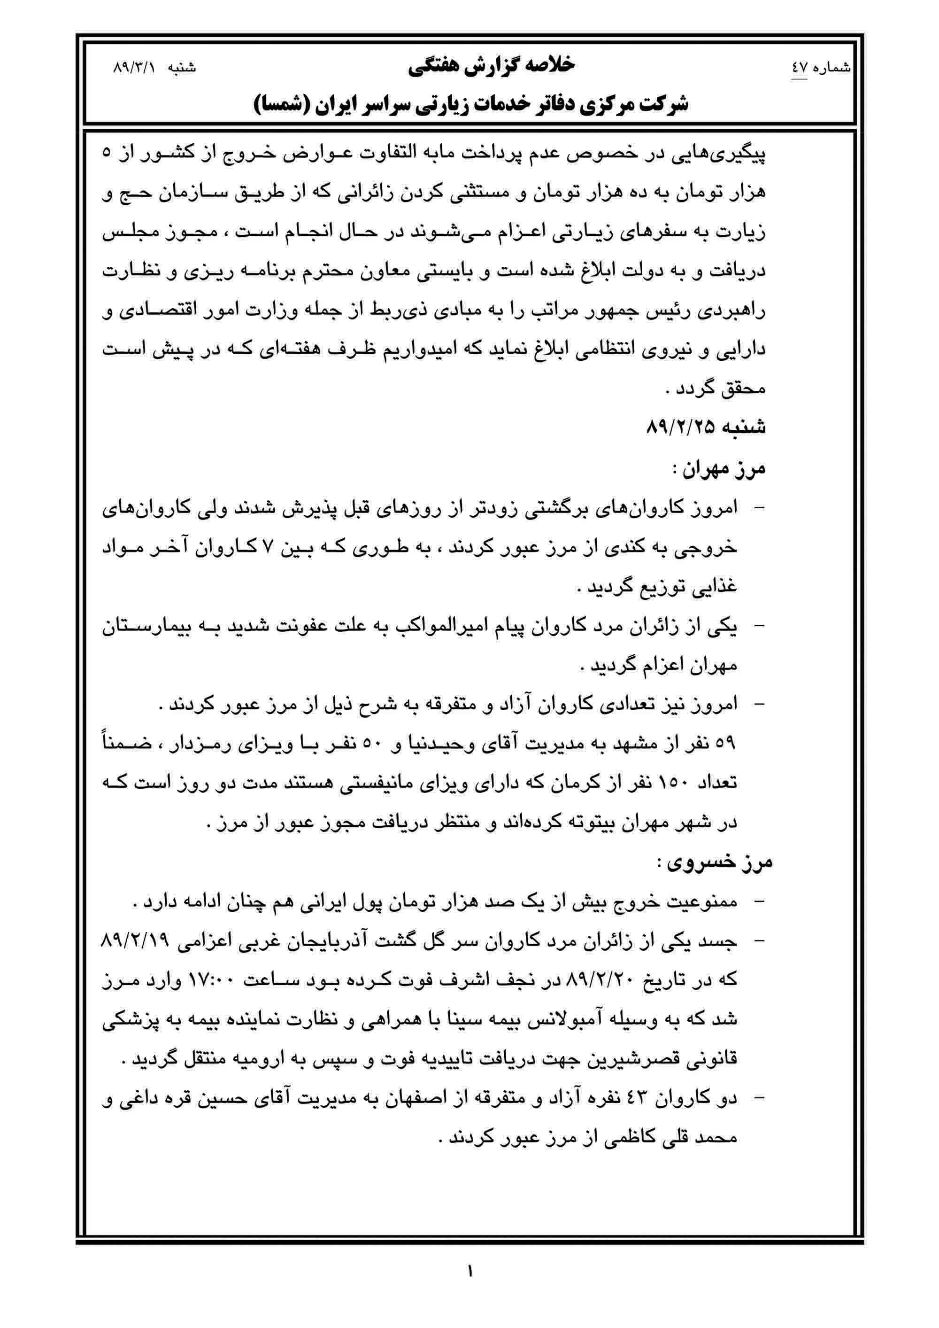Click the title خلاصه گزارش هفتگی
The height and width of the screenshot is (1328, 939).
(491, 65)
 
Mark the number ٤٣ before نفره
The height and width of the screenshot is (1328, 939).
(641, 1100)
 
